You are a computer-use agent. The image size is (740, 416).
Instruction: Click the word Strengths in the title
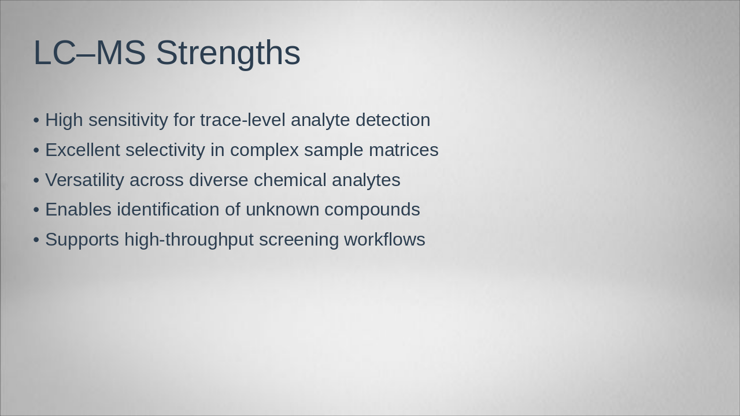tap(228, 53)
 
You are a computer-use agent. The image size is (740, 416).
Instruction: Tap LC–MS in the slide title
tap(90, 53)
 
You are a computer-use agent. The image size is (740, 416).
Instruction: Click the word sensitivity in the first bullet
tap(128, 120)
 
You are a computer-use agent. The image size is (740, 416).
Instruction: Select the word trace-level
tap(243, 120)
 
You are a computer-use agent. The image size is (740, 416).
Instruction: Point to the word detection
tap(393, 120)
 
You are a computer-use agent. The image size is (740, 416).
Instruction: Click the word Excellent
tap(83, 150)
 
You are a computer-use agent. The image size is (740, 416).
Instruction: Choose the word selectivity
tap(165, 150)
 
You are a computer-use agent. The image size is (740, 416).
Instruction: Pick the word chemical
tap(290, 180)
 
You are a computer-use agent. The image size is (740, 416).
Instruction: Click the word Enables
tap(78, 210)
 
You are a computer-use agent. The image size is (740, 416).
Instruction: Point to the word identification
tap(168, 210)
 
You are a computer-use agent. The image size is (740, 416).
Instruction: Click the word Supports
tap(82, 240)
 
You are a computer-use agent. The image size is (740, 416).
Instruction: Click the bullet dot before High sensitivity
tap(36, 121)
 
